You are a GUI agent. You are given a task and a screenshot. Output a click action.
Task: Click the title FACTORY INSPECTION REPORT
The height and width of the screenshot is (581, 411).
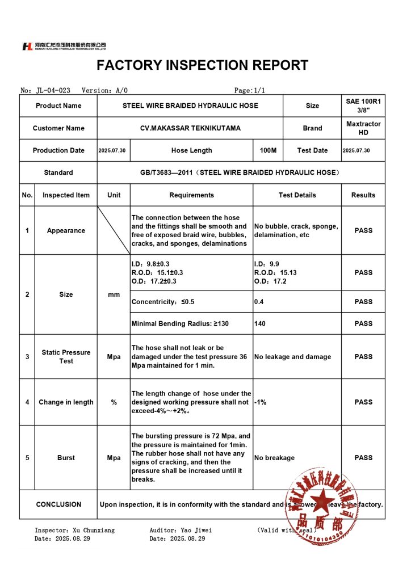(202, 65)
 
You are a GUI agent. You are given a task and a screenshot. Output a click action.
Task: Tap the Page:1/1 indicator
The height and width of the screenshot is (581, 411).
(249, 90)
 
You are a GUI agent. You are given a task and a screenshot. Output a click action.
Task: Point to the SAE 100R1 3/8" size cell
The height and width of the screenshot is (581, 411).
(363, 106)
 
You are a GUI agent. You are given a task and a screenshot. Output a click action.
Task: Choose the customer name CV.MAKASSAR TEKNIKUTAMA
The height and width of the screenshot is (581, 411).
(190, 128)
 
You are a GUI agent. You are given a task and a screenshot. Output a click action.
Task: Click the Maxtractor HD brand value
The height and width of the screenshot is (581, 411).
(363, 128)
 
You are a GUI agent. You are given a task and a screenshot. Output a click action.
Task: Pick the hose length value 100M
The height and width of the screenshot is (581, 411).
(268, 150)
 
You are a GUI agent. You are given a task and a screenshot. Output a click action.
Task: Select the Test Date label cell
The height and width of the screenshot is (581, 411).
(312, 150)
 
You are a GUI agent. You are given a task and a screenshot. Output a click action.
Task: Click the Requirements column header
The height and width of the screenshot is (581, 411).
(191, 195)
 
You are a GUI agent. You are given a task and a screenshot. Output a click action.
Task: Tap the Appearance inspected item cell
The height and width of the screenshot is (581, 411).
(66, 230)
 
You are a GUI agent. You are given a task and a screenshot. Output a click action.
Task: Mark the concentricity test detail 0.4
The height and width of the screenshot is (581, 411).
(259, 302)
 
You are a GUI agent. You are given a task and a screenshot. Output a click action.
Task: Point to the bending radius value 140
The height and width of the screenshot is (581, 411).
(260, 323)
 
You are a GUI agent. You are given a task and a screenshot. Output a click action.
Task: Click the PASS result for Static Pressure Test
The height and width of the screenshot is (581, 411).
(363, 357)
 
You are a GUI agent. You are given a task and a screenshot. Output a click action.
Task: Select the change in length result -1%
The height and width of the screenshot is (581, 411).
(261, 402)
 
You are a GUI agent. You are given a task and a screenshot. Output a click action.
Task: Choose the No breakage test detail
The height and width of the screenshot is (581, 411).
(274, 458)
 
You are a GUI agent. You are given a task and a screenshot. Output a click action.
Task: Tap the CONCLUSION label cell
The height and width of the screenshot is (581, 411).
(58, 504)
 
